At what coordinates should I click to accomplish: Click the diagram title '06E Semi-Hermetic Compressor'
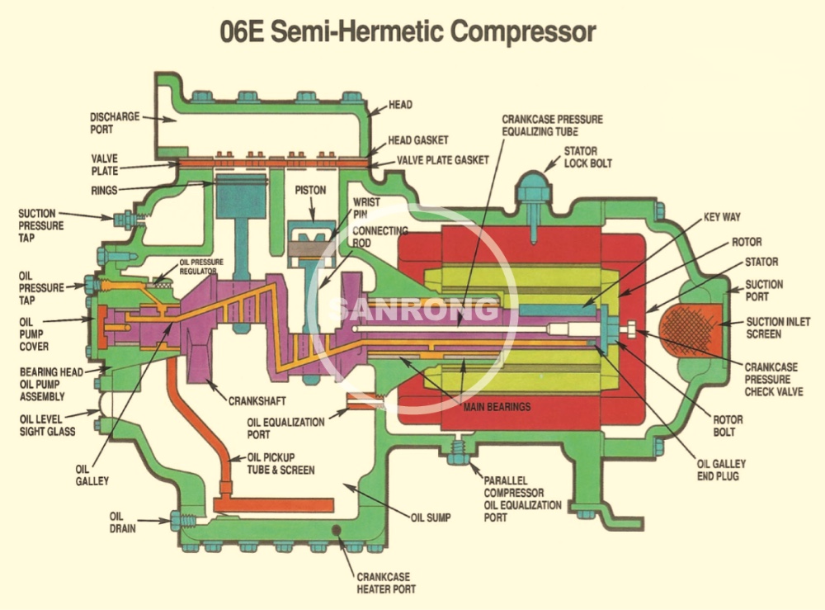408,31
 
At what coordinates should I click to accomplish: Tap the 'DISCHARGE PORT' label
115,123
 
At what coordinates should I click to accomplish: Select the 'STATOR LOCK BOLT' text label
588,158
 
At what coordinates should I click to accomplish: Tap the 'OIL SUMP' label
431,518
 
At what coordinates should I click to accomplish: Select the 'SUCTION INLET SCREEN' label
776,328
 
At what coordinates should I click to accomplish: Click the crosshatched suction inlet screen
699,322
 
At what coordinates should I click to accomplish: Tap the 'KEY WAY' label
722,217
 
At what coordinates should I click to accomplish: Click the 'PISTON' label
311,190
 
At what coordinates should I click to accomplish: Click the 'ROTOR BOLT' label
727,426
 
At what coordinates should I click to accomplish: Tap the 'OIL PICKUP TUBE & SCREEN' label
281,464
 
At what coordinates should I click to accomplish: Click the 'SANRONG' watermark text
413,310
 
